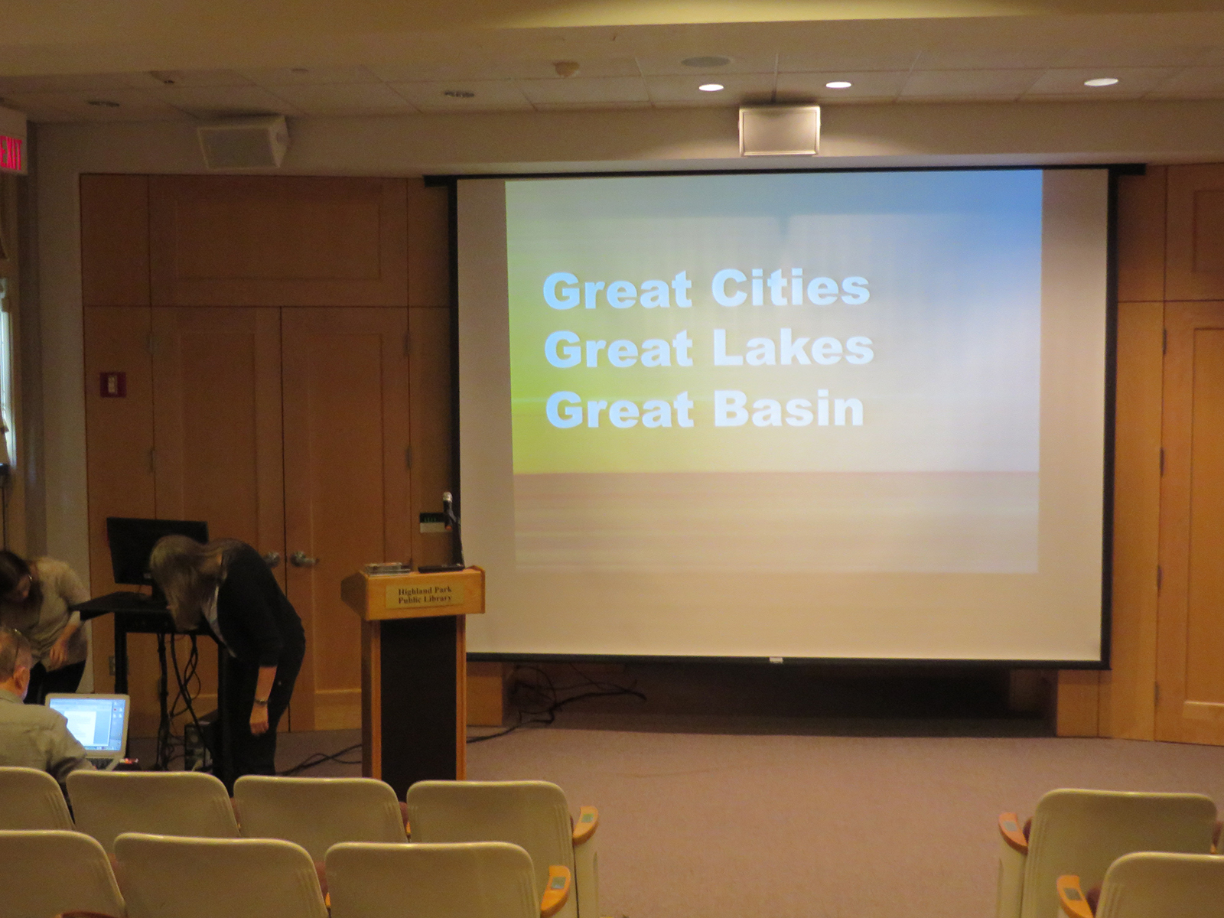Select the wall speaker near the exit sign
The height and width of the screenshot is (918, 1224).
click(x=242, y=142)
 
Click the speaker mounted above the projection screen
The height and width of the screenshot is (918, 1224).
click(x=780, y=130)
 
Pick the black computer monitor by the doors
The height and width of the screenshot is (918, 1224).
click(x=157, y=549)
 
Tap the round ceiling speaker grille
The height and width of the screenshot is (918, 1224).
click(x=705, y=61)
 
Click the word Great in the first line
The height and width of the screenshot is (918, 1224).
click(x=617, y=290)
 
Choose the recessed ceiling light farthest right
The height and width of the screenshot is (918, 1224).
click(x=1101, y=82)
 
